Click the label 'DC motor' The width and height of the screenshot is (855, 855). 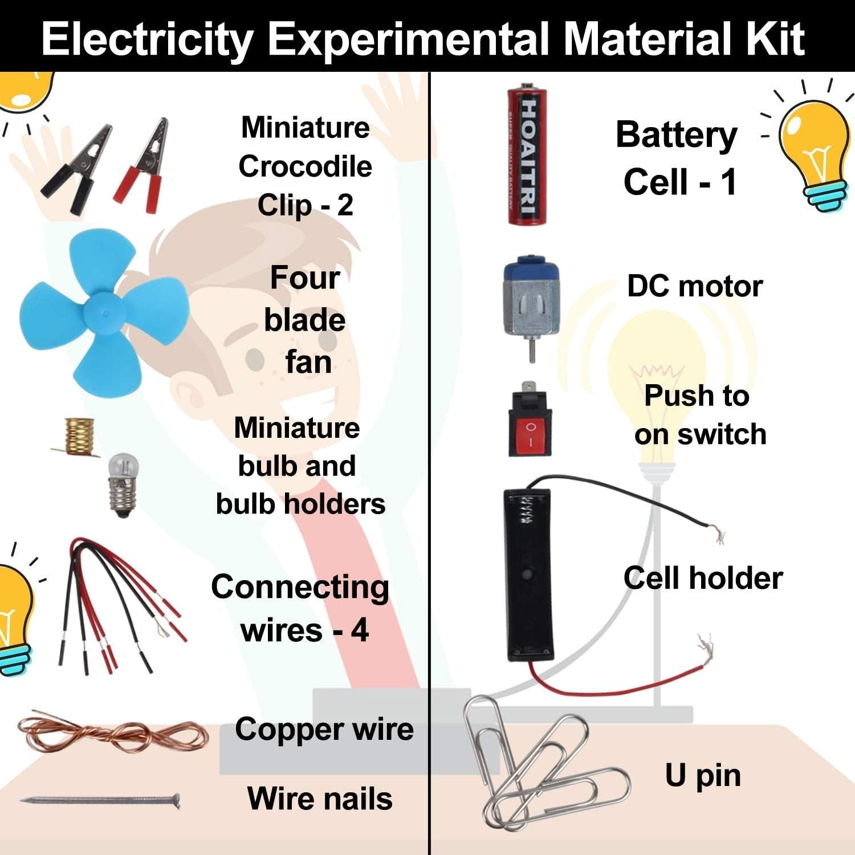(694, 286)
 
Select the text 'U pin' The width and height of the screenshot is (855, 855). (702, 775)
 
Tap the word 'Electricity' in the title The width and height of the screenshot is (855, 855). (147, 39)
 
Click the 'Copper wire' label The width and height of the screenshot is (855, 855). (324, 730)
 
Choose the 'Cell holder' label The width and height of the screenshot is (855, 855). (702, 578)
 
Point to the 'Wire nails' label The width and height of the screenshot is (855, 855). (319, 799)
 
